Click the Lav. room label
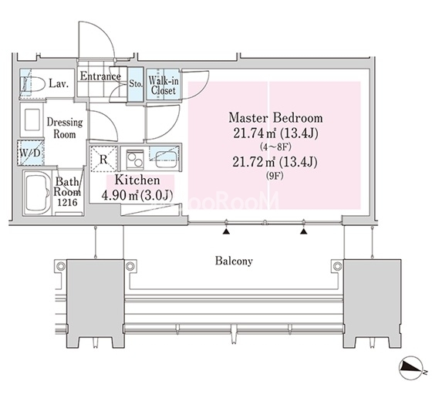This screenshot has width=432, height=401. point(59,83)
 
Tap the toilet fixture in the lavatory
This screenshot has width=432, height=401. point(32,84)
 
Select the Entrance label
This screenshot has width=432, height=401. point(100,76)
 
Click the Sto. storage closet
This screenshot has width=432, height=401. point(136,84)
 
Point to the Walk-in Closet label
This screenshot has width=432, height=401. point(163,86)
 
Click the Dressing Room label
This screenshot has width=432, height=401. point(65,128)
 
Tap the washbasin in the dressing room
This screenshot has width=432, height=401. point(32,120)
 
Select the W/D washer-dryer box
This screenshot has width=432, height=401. point(31,153)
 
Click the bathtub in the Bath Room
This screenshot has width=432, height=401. point(37,193)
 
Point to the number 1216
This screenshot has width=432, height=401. point(68,202)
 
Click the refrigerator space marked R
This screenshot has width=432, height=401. point(104,159)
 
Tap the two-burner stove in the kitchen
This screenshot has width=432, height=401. point(135,160)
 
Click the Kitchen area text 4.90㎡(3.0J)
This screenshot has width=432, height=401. point(137,196)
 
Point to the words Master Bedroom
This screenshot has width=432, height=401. point(275,118)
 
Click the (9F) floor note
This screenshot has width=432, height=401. point(275,176)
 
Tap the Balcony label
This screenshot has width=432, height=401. point(234,261)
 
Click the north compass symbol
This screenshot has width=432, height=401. point(411,368)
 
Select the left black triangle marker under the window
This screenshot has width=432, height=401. point(226,231)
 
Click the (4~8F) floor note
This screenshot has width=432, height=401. point(275,147)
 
